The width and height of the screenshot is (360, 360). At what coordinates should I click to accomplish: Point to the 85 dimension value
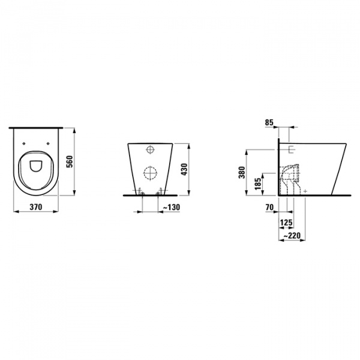[x=269, y=123]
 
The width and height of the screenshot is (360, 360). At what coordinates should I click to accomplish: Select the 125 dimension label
[x=286, y=223]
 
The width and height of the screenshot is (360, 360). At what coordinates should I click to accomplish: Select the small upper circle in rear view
[x=150, y=149]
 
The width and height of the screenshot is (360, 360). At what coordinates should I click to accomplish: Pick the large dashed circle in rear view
[x=150, y=175]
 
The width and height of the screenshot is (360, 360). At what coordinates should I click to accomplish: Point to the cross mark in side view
[x=306, y=190]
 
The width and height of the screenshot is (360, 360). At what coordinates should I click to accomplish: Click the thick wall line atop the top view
[x=35, y=127]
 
